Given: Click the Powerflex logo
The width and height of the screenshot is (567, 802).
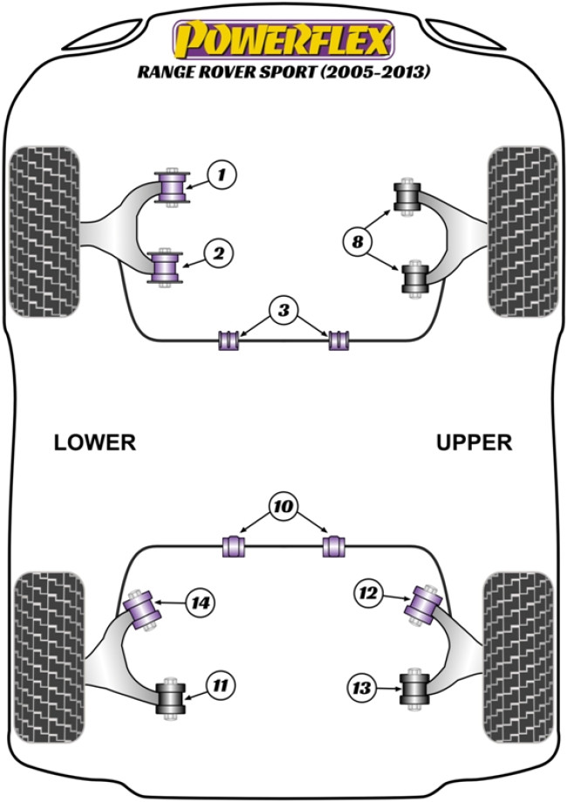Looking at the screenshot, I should click(x=283, y=39).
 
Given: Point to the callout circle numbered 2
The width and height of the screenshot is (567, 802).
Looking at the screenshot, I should click(x=219, y=254).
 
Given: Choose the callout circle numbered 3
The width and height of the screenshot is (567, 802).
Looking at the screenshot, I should click(x=282, y=310).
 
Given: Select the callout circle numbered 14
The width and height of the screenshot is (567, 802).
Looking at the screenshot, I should click(x=202, y=601).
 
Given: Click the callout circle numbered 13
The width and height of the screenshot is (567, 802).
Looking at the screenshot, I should click(x=360, y=689).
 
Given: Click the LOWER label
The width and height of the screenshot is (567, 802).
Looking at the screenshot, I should click(x=95, y=442).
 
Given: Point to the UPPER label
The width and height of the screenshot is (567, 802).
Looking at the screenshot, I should click(x=475, y=442).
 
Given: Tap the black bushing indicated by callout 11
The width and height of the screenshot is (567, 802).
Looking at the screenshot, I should click(x=172, y=696).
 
